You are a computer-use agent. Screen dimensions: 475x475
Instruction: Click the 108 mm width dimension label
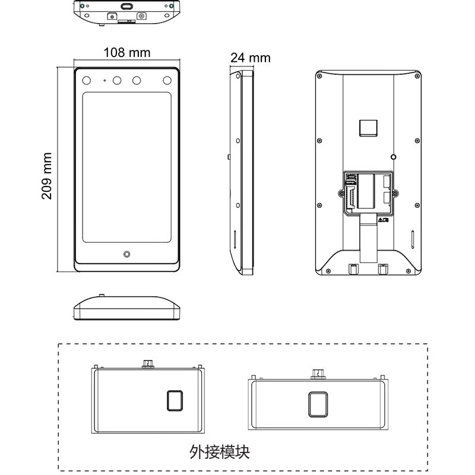[127, 52]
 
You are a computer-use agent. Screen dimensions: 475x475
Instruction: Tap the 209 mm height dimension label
[46, 176]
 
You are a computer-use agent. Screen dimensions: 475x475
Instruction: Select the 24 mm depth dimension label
[250, 58]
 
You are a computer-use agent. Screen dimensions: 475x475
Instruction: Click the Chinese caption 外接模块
[220, 452]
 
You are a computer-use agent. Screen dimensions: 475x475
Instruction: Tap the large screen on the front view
[126, 167]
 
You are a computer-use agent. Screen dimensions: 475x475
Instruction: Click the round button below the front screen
[127, 254]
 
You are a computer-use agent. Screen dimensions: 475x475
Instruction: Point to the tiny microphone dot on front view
[105, 81]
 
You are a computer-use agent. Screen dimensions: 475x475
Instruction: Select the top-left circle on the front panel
[87, 81]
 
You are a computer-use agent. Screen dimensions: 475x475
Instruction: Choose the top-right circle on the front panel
[167, 81]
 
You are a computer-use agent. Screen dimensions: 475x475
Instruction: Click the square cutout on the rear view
[368, 128]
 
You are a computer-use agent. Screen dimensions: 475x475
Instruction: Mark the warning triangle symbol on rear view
[381, 220]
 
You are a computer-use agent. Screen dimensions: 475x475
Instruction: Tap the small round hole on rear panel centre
[393, 157]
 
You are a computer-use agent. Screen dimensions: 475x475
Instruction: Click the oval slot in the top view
[127, 7]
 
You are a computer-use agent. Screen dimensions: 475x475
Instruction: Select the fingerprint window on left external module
[175, 401]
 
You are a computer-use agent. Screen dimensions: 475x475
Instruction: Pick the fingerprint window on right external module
[318, 404]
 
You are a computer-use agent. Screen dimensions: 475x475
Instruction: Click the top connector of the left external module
[148, 364]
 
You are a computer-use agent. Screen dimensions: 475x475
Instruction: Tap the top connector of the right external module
[318, 374]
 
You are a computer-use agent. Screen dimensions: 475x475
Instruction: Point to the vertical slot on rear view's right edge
[412, 240]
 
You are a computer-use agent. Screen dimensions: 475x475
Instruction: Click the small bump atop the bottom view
[102, 295]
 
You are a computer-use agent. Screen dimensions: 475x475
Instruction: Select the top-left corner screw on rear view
[319, 76]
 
